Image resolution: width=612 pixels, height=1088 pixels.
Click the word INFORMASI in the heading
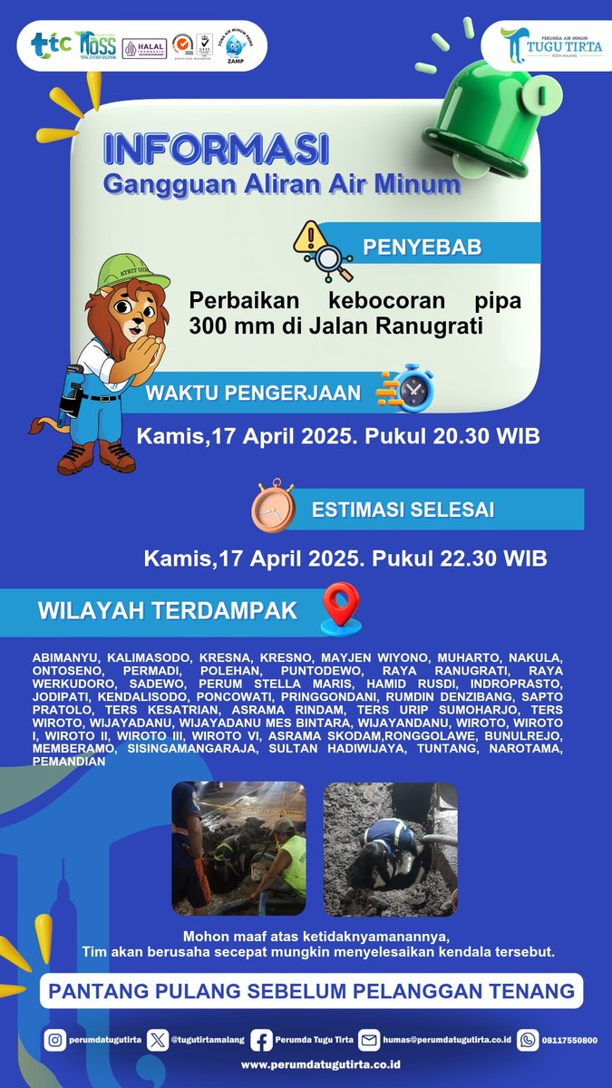215,148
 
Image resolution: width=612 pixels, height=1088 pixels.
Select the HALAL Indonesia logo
145,49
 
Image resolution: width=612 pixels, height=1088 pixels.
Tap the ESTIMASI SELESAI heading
403,510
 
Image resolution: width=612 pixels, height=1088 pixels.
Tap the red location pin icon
341,607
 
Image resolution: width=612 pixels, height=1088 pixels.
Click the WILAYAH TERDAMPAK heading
167,611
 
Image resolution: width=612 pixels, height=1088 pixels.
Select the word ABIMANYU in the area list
64,655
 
